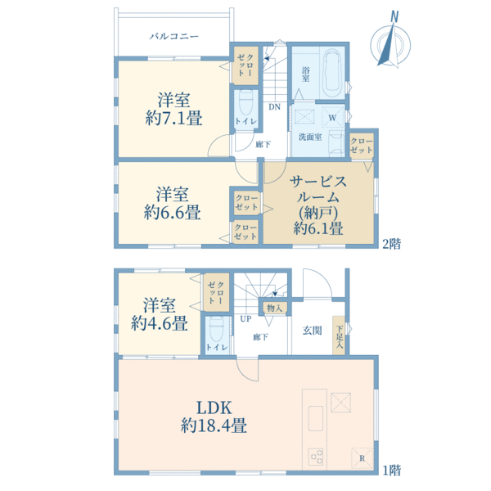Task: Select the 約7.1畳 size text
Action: (174, 119)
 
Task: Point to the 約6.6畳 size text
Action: (173, 213)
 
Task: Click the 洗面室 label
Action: (309, 137)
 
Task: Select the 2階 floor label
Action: (391, 243)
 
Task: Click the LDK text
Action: (215, 407)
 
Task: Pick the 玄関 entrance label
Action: (312, 330)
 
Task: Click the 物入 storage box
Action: (274, 309)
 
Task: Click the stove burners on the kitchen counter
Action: (315, 456)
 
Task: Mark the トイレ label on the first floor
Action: (216, 348)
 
